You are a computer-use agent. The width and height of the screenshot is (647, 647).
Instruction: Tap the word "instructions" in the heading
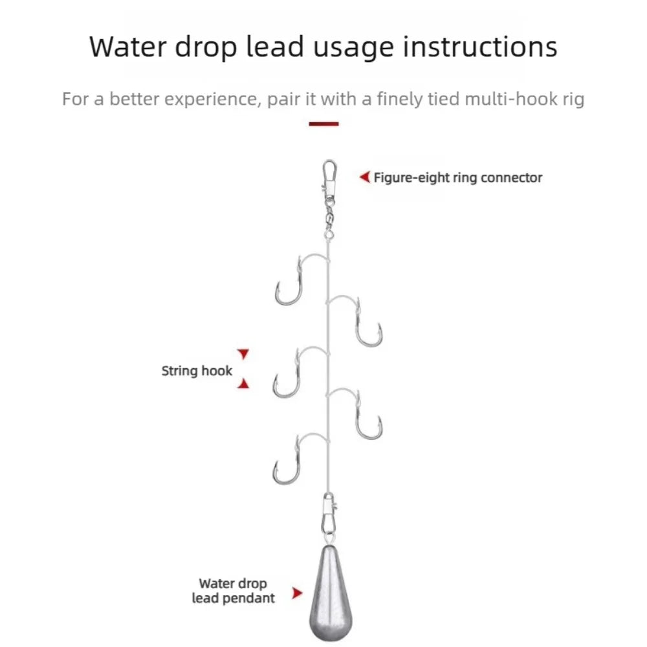480,46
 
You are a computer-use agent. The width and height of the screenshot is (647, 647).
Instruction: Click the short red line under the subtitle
323,124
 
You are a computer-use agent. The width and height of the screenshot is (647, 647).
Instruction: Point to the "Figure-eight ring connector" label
457,178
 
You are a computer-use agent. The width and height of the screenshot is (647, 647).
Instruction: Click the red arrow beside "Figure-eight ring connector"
365,177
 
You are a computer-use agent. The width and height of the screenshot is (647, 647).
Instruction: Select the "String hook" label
197,371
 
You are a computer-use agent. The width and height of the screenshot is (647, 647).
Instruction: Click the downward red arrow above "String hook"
243,354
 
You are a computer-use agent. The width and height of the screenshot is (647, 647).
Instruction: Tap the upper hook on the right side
358,322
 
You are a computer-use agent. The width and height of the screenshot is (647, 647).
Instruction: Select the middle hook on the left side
297,373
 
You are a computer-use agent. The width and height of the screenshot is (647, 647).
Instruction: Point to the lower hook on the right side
358,415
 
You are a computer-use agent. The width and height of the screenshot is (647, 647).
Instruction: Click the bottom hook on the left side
297,460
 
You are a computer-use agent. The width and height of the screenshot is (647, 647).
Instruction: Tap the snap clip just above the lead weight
329,516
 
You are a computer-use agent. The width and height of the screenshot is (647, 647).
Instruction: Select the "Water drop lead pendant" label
233,591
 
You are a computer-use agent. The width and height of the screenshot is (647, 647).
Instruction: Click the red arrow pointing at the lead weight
297,593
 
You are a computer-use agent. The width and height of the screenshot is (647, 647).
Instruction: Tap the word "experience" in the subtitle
212,100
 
